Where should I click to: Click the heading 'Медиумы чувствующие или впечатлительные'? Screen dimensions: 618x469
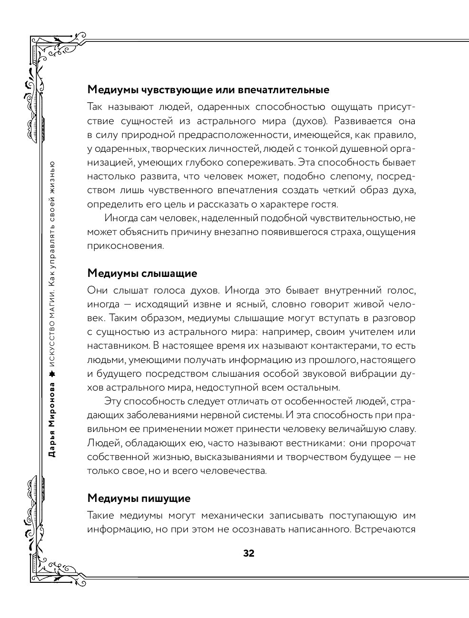pyautogui.click(x=208, y=90)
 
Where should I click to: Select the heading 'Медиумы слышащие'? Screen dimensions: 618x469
pyautogui.click(x=142, y=274)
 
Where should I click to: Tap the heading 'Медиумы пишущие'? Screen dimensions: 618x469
pyautogui.click(x=138, y=498)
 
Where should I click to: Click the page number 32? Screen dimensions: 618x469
pyautogui.click(x=248, y=553)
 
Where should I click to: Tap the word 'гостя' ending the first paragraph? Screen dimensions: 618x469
pyautogui.click(x=326, y=205)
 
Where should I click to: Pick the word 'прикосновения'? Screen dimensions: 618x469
pyautogui.click(x=125, y=246)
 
